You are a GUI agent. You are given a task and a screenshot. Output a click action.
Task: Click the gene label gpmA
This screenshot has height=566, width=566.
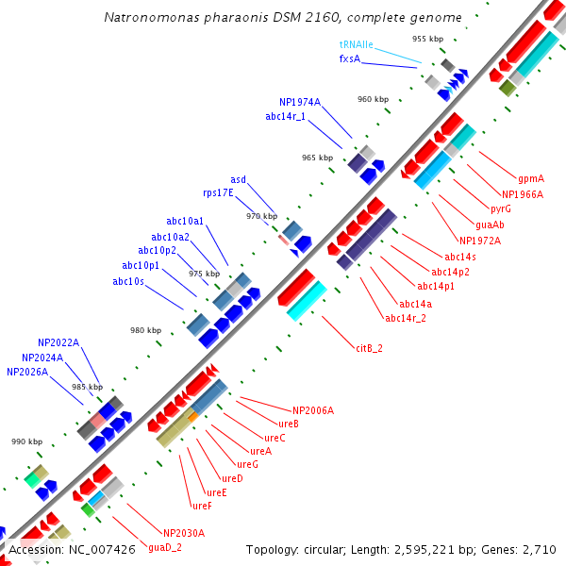530,178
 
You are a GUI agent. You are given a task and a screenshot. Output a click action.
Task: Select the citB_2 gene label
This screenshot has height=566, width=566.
369,348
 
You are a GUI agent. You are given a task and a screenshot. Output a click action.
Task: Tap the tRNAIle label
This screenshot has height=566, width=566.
357,44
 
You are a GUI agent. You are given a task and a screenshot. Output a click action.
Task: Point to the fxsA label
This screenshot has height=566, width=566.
350,58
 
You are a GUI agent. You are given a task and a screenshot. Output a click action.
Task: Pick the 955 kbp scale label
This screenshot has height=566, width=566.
427,39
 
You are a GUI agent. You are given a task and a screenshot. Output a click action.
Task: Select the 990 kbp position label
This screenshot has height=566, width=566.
26,441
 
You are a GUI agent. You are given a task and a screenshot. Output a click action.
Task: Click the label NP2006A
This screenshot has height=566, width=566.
313,410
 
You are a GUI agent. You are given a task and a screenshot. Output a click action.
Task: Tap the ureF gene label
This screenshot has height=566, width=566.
201,506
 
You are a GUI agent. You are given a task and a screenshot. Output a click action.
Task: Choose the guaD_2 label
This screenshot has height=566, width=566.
165,547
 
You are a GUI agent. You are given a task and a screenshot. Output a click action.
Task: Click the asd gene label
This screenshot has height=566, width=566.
238,179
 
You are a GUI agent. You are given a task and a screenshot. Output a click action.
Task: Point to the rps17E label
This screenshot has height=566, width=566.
219,192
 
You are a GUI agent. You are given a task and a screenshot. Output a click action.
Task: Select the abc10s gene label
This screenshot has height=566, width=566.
128,281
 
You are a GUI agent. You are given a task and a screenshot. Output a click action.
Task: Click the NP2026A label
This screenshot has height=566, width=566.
27,372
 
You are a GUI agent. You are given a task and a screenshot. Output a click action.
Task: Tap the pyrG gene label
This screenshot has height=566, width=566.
501,208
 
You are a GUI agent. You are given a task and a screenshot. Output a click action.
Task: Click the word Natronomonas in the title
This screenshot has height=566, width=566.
148,17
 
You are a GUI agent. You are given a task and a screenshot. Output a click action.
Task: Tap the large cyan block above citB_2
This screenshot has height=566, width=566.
307,300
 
